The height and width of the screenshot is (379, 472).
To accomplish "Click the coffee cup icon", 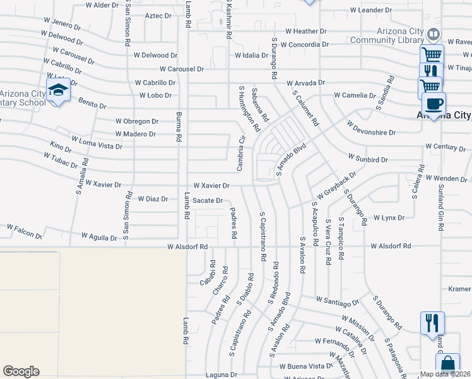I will (x=434, y=103).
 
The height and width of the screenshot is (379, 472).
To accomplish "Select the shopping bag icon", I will (x=447, y=364).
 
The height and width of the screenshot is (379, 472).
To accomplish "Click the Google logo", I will (x=21, y=371).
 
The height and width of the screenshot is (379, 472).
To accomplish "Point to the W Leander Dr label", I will (x=375, y=10).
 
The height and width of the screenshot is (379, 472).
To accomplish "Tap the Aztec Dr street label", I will (x=158, y=15).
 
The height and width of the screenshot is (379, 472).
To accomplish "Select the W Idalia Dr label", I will (x=252, y=56).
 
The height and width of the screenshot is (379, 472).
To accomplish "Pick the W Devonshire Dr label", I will (x=371, y=133).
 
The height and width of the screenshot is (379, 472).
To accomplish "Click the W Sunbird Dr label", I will (x=367, y=160).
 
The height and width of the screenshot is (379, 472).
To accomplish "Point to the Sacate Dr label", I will (x=208, y=200).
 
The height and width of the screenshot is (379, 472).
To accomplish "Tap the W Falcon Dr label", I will (x=24, y=230).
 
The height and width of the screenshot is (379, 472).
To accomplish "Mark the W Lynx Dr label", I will (x=389, y=218).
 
